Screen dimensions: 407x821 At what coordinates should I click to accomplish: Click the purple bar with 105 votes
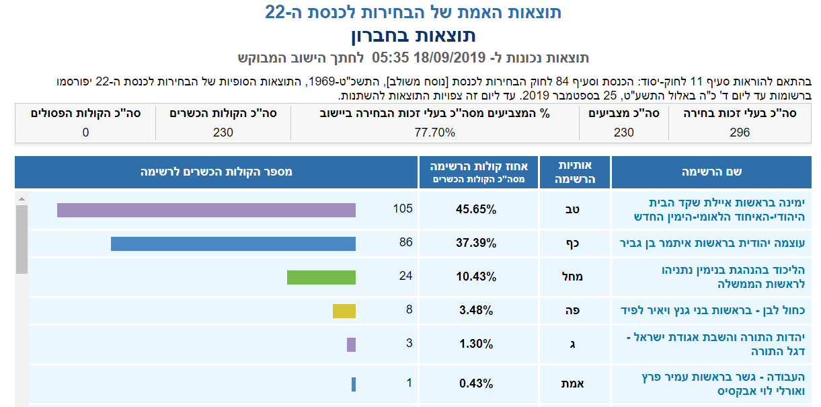click(x=206, y=210)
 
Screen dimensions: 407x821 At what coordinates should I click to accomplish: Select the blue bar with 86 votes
click(x=233, y=243)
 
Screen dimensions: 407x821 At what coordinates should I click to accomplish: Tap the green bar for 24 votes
click(x=321, y=277)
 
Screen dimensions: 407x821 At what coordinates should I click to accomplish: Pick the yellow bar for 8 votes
click(x=344, y=311)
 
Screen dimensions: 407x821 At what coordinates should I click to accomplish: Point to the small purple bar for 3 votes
click(x=351, y=344)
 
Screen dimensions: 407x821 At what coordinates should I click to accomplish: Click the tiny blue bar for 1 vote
click(x=353, y=384)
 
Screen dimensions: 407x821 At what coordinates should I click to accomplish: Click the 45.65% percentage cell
click(x=476, y=209)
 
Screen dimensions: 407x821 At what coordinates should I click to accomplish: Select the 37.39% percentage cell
click(x=476, y=243)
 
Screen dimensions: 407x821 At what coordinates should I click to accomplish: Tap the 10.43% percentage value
click(x=476, y=276)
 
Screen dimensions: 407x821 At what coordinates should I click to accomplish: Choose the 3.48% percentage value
click(x=476, y=310)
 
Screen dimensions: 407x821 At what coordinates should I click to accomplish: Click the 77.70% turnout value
click(x=434, y=133)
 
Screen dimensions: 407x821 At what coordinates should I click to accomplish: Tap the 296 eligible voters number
click(x=739, y=133)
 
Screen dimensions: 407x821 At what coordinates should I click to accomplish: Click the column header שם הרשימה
click(x=715, y=172)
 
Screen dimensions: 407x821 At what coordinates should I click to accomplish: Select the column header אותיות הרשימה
click(x=575, y=172)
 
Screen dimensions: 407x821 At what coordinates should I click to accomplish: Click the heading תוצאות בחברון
click(x=414, y=35)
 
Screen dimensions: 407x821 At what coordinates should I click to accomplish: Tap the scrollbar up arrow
click(x=22, y=199)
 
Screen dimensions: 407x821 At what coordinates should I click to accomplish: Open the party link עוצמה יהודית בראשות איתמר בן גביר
click(x=712, y=243)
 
